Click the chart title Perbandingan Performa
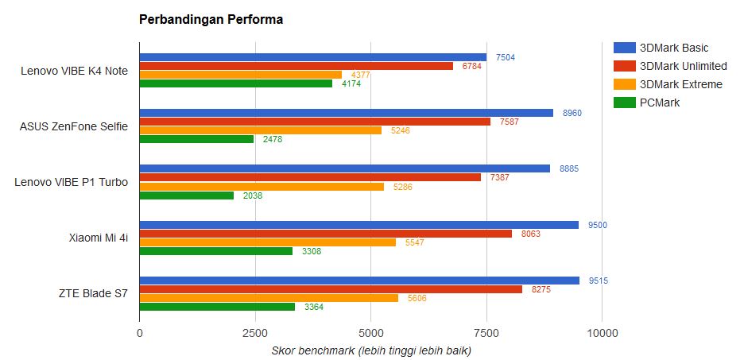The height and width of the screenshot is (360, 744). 211,20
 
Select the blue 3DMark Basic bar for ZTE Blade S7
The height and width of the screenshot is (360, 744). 359,280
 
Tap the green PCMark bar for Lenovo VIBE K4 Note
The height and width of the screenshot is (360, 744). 236,83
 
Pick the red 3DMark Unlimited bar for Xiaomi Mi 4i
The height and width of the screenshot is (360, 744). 326,234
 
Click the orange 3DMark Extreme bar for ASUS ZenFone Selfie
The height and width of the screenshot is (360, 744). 261,130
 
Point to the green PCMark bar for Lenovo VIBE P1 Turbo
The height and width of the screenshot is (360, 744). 187,195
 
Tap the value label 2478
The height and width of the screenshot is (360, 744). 273,139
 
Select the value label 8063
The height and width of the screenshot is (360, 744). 531,234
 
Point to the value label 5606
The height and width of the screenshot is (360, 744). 417,298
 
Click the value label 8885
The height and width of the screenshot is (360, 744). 569,168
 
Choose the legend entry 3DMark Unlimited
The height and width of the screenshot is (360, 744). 683,66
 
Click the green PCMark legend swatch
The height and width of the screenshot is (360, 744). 624,103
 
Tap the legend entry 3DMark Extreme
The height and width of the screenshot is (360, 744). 681,84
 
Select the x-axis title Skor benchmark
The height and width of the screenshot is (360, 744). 371,350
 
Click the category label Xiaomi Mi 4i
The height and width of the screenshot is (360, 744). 99,238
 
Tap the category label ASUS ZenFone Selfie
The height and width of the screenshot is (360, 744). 74,126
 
